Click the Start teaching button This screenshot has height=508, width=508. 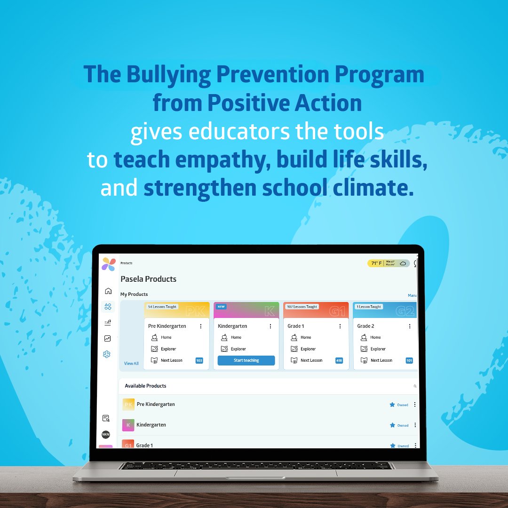(x=246, y=360)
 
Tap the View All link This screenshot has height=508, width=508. (x=131, y=364)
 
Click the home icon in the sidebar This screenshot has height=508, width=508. (x=108, y=291)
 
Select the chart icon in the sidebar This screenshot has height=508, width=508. (x=108, y=338)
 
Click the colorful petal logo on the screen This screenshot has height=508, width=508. (x=109, y=264)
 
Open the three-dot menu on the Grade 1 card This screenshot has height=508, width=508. (x=340, y=326)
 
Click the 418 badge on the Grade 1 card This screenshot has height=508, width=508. (x=339, y=361)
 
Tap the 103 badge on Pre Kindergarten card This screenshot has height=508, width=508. (x=199, y=361)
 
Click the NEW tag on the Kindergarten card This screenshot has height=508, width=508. (x=221, y=306)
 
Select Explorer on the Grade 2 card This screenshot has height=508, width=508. (x=378, y=349)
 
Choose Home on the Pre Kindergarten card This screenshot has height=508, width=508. (x=166, y=337)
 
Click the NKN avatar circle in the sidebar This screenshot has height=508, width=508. (x=106, y=435)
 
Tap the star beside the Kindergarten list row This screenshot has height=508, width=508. (x=392, y=425)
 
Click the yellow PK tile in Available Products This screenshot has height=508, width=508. (x=128, y=405)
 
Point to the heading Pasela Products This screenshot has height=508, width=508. (x=148, y=279)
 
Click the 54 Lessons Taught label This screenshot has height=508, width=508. (x=162, y=307)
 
